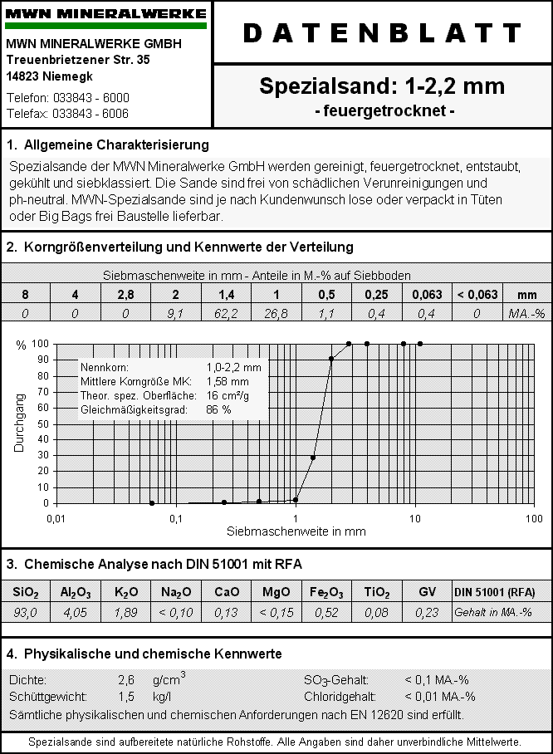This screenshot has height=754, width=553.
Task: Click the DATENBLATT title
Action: pos(382,32)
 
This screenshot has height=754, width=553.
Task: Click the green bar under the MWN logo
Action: pos(105,26)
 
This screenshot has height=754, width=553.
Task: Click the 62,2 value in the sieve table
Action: pos(226,313)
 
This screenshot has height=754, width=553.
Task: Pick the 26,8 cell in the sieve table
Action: pos(276,313)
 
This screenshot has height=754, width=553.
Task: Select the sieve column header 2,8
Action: pos(125,295)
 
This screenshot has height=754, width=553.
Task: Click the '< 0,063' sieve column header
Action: pos(477,295)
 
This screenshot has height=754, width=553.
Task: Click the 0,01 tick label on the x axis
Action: pos(56,519)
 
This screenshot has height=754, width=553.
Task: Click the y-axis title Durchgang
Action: pos(19,423)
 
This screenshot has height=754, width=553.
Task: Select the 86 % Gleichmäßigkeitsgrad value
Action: pos(218,410)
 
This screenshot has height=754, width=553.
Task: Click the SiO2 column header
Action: pos(25,592)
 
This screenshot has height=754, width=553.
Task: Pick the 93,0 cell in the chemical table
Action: pos(25,613)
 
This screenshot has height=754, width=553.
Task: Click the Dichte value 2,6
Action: pos(126,680)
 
